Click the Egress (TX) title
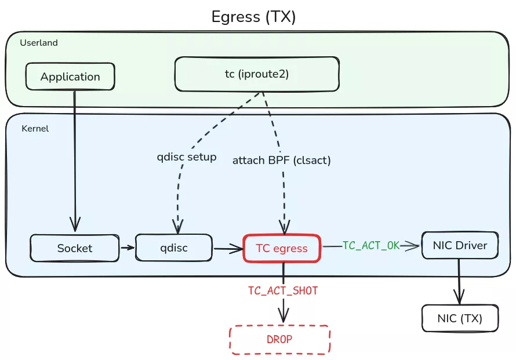[254, 17]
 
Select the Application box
[70, 77]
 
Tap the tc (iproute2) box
[257, 74]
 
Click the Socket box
[74, 248]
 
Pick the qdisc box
[175, 248]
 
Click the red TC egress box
[282, 248]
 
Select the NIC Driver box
[460, 245]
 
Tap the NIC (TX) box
[460, 318]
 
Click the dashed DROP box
[280, 340]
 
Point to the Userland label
[39, 43]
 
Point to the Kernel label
[35, 129]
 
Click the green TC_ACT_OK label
[371, 246]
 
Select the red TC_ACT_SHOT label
[283, 291]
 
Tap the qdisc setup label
[187, 157]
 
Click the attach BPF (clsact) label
[282, 161]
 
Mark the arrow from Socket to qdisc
[128, 248]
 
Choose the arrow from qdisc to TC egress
[228, 249]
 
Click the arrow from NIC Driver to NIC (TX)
[459, 282]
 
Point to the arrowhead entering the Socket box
[75, 224]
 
